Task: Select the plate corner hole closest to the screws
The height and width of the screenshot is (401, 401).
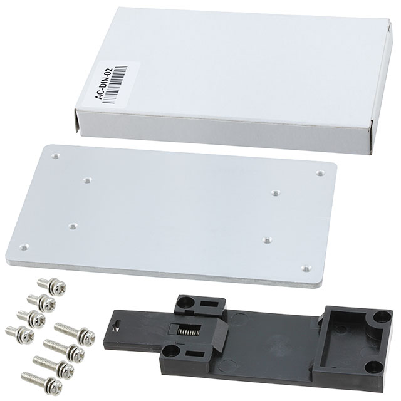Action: [x=24, y=247]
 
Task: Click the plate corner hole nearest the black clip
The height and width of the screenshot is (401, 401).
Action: [x=305, y=268]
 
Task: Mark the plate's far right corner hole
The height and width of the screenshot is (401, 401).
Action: [x=320, y=173]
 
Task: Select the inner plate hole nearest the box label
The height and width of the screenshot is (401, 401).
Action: [x=86, y=180]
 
